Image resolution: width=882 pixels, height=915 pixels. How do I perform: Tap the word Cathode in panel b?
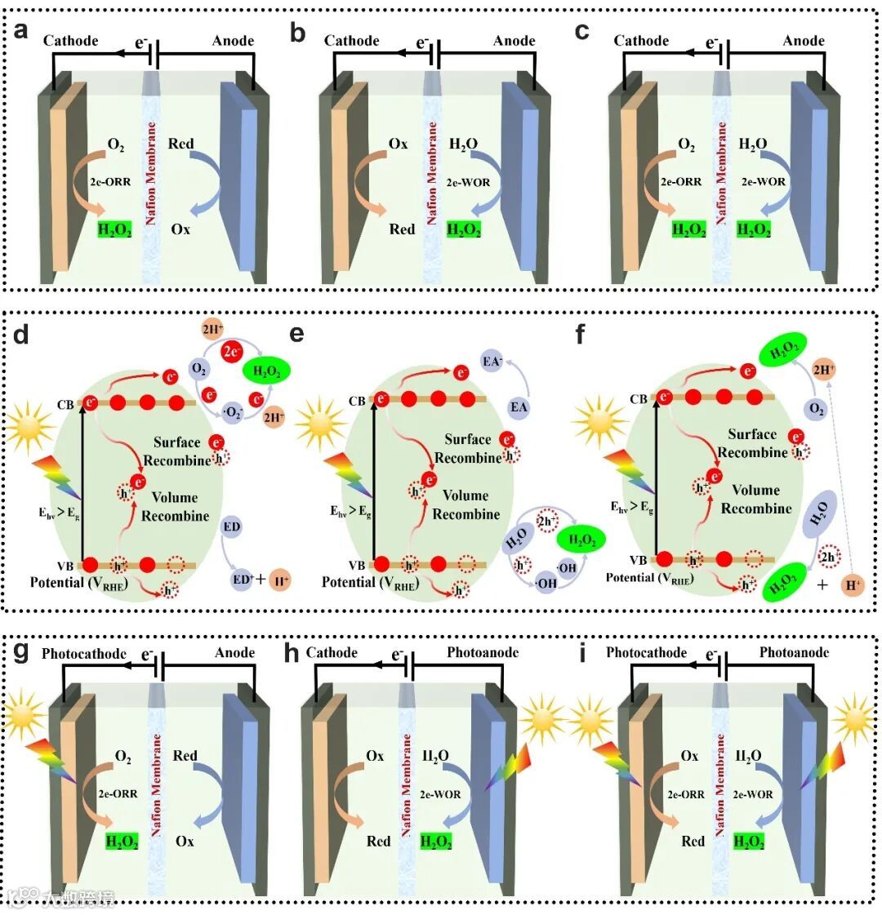coord(352,41)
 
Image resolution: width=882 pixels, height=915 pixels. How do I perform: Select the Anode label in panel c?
coord(804,41)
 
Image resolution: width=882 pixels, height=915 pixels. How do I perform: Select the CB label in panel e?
coord(357,401)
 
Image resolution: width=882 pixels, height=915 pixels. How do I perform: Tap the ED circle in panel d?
coord(232,527)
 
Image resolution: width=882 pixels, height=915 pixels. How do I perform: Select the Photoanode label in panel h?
coord(483,653)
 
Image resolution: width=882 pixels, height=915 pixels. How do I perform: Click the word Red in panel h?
coord(379,841)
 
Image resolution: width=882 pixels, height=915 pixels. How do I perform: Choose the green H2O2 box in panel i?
coord(751,842)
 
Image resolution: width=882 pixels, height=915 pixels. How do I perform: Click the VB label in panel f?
coord(638,560)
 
